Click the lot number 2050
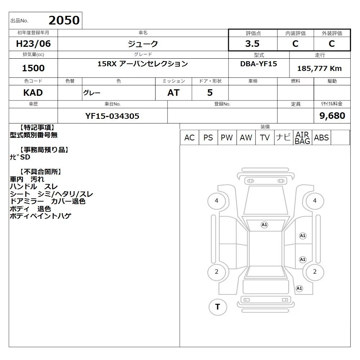pyautogui.click(x=64, y=20)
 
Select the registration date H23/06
pyautogui.click(x=33, y=44)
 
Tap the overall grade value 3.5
pyautogui.click(x=252, y=44)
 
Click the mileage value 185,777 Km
pyautogui.click(x=319, y=68)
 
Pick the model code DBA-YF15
pyautogui.click(x=258, y=64)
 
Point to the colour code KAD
pyautogui.click(x=33, y=93)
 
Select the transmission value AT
pyautogui.click(x=174, y=93)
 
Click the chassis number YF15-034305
pyautogui.click(x=112, y=116)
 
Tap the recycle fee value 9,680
pyautogui.click(x=332, y=116)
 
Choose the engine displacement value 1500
pyautogui.click(x=33, y=68)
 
